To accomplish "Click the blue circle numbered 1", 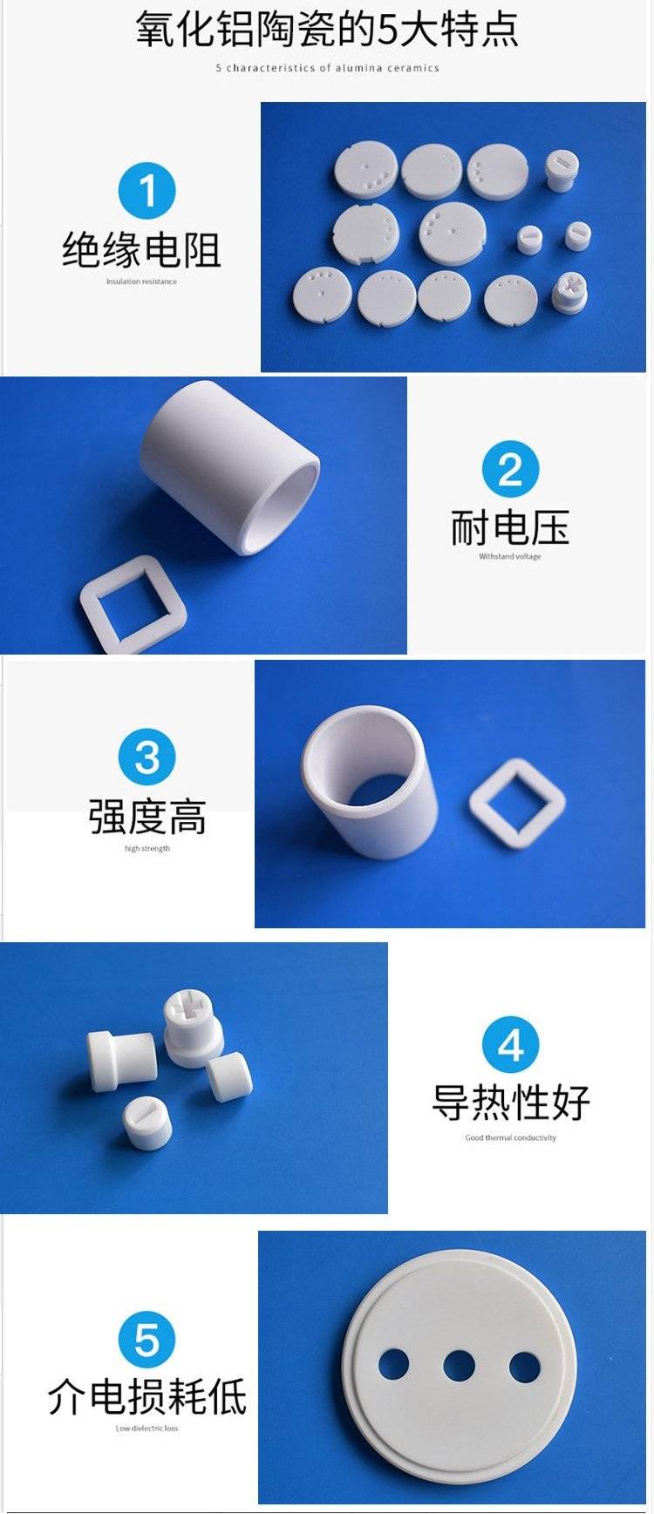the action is [x=146, y=190].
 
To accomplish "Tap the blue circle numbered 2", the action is [x=510, y=469].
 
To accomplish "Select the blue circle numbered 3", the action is [x=147, y=757].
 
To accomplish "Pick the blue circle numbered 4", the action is [x=511, y=1044].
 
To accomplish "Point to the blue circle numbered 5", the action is [x=147, y=1339].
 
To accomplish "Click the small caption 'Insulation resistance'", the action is [x=141, y=282].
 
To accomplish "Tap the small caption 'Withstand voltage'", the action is [x=510, y=556].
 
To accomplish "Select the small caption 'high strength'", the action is [x=147, y=848].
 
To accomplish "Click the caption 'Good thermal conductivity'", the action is [x=511, y=1137].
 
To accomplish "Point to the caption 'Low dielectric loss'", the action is [x=147, y=1429].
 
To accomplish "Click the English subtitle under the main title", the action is [x=328, y=68].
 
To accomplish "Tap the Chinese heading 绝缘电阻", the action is [x=141, y=250].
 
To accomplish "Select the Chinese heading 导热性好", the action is [x=511, y=1103].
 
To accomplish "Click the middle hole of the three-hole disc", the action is [x=459, y=1366].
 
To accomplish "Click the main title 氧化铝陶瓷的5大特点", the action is [x=327, y=28].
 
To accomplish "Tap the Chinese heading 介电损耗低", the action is [x=147, y=1396].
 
